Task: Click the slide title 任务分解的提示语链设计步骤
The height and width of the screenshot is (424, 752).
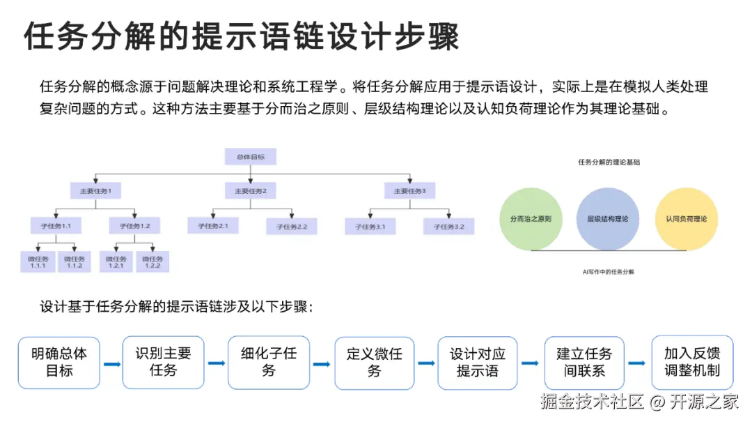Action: coord(242,36)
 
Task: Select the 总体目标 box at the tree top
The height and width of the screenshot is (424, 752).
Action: coord(250,156)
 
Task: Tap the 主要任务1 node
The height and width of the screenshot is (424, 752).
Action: coord(95,190)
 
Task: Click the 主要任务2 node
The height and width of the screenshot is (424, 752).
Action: coord(251,190)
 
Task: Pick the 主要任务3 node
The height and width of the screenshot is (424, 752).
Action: coord(410,190)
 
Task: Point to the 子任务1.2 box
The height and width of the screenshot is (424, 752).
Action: coord(134,226)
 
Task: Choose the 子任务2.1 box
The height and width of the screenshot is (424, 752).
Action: coord(212,226)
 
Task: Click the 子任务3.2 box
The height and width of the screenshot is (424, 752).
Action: coord(448,226)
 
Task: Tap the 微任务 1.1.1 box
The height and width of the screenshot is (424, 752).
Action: coord(37,262)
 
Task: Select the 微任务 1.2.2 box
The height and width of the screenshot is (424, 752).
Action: coord(152,262)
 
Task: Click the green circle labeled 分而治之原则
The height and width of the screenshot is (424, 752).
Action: coord(531,219)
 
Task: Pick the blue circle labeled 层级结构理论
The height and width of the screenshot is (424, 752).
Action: coord(607,219)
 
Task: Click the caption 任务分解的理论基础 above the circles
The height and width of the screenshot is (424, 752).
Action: coord(609,162)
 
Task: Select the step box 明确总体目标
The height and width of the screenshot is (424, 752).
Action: coord(59,363)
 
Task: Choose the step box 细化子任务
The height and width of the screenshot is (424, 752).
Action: coord(269,363)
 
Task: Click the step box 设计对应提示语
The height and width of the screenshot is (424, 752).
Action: coord(478,363)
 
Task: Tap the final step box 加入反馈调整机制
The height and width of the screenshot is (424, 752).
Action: coord(691,363)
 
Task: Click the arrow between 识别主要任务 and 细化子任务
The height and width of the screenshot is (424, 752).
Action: coord(217,363)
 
